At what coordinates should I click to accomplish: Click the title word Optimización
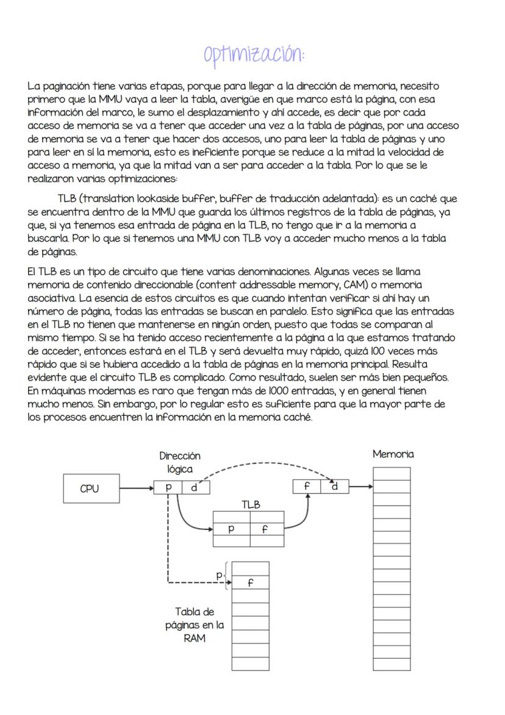pos(253,53)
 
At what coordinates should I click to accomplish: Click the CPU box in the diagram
pos(89,488)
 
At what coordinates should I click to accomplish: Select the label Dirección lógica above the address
pos(180,462)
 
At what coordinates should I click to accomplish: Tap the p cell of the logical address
pos(168,487)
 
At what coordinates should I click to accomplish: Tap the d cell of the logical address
pos(195,487)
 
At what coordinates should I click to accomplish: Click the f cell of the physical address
pos(308,487)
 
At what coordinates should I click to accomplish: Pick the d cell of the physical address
pos(334,487)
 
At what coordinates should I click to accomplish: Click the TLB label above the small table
pos(250,504)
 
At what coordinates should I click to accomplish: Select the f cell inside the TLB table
pos(264,529)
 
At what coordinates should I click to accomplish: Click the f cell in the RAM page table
pos(250,583)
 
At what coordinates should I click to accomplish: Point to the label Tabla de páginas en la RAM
pos(194,625)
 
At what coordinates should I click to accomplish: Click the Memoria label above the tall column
pos(393,454)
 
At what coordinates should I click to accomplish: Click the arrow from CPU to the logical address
pos(135,488)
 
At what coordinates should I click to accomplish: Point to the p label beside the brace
pos(220,575)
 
